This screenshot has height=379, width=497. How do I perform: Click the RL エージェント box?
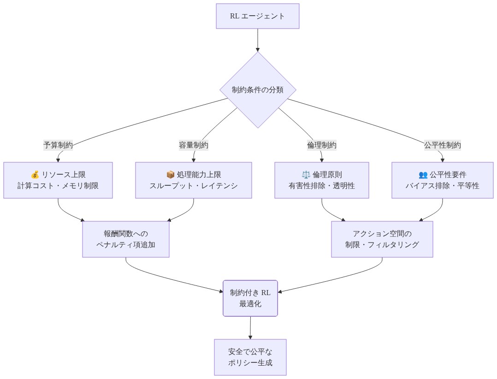point(258,16)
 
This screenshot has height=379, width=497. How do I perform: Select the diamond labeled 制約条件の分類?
point(258,89)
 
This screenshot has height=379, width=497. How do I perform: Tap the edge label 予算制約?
point(58,145)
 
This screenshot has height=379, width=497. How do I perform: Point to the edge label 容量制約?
point(194,145)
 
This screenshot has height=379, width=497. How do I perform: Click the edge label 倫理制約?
point(322,145)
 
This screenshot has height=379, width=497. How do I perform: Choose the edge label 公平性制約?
point(443,145)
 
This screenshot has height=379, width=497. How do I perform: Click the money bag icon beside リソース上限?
point(35,175)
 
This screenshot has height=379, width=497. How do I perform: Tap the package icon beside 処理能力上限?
point(170,175)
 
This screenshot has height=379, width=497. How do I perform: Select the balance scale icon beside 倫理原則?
point(306,175)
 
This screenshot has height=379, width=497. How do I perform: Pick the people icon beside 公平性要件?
point(423,175)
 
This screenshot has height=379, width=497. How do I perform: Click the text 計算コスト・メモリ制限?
point(58,186)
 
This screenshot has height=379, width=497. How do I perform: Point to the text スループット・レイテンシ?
point(194,186)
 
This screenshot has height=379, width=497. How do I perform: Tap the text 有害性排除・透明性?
point(322,186)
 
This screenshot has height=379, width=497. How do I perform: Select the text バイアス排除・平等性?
point(443,186)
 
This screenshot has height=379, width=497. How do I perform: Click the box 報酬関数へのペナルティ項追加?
point(126,239)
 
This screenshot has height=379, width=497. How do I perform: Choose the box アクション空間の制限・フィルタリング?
point(382,239)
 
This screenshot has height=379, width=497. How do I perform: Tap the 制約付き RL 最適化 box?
point(250,298)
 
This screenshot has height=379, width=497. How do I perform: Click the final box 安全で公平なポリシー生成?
point(250,357)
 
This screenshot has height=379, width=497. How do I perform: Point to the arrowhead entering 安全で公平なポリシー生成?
point(250,337)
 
